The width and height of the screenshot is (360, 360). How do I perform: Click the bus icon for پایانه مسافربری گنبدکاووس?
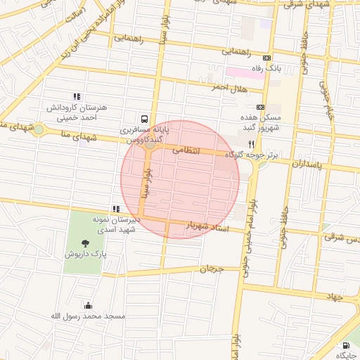(144, 119)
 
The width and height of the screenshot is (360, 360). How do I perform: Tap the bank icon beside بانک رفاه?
(266, 58)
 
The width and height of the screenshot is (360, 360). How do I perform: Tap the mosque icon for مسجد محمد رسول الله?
(88, 305)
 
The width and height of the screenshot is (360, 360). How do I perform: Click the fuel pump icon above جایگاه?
(345, 345)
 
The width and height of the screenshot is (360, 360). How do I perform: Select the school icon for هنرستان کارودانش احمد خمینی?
(77, 96)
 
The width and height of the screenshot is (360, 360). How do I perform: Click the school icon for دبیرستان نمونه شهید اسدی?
(116, 209)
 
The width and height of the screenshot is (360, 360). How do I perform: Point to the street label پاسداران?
(305, 163)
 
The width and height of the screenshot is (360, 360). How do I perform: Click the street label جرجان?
(210, 269)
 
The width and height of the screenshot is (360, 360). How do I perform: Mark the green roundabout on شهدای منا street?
(39, 129)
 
